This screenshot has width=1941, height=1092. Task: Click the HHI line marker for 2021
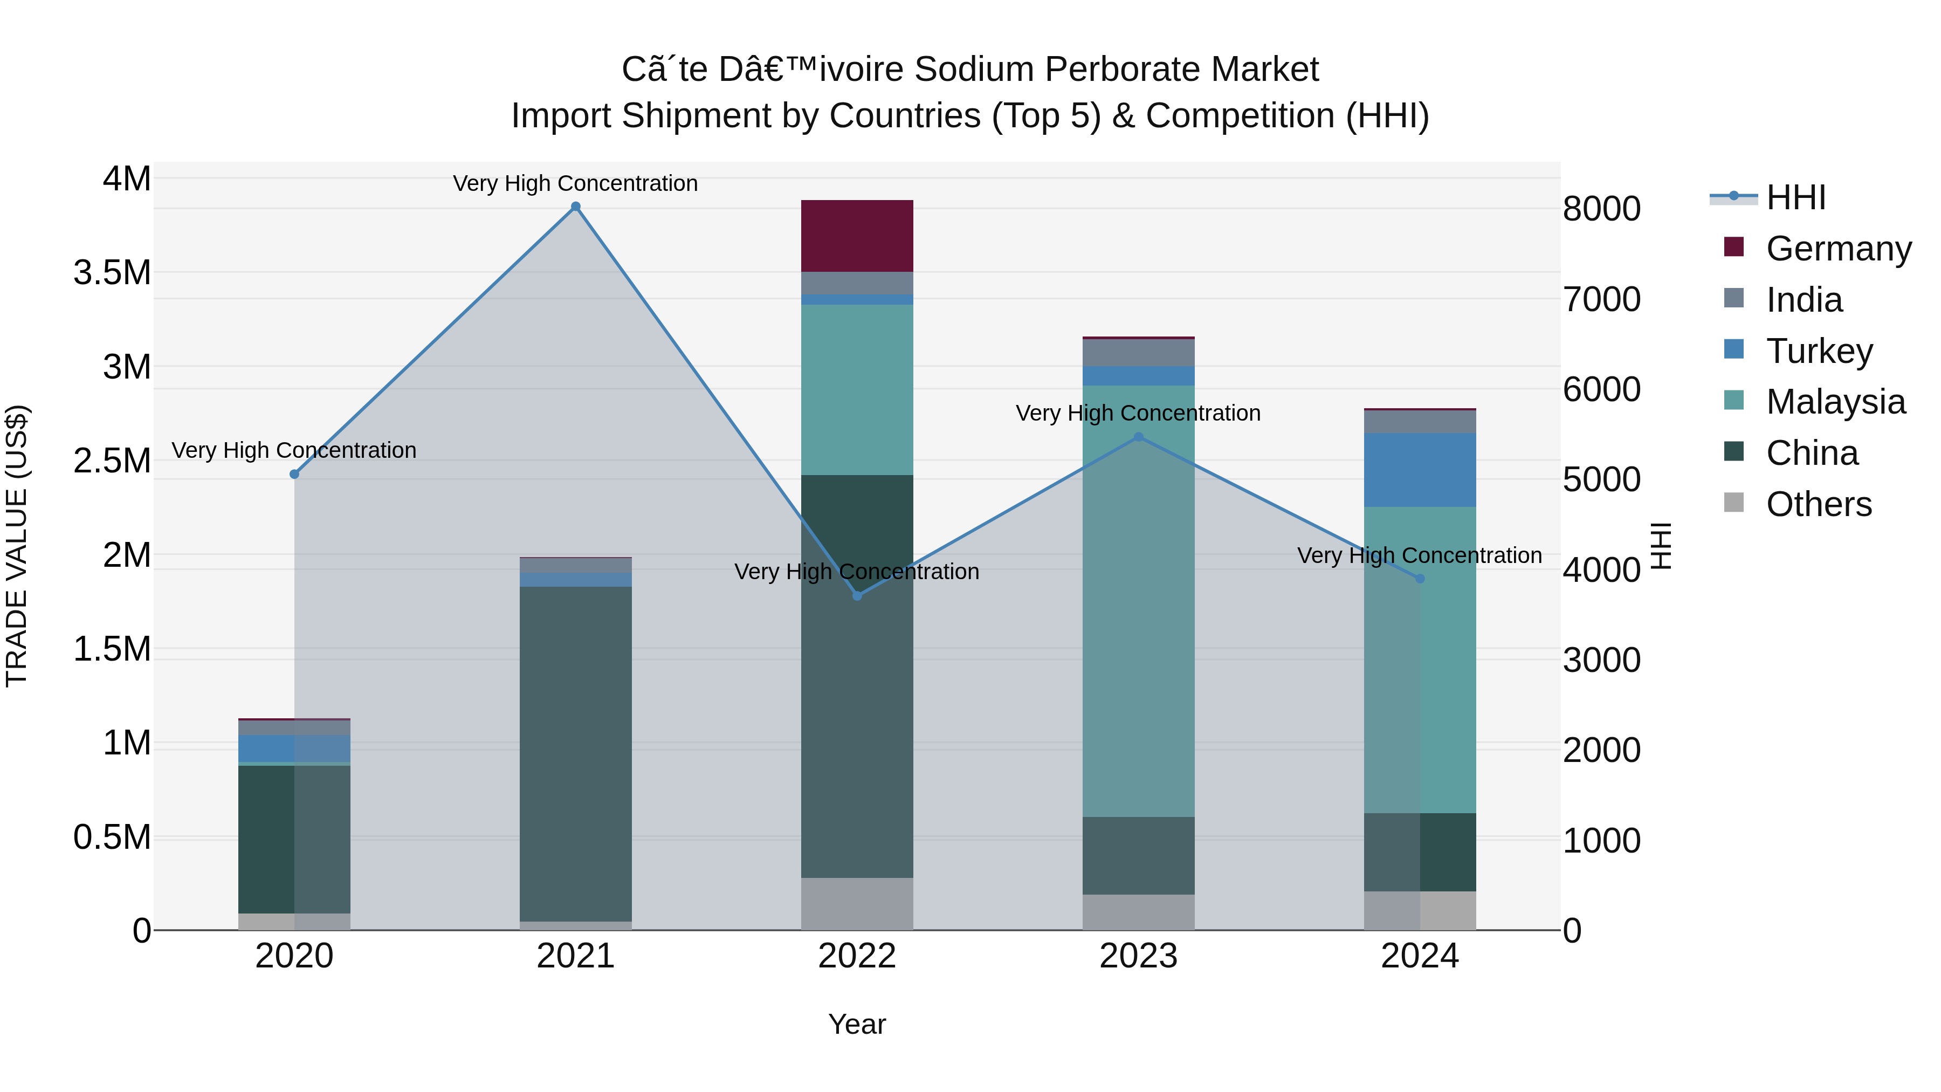pos(576,207)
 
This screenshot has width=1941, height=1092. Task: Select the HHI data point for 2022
pos(857,596)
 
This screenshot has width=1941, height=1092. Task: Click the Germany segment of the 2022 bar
pos(857,236)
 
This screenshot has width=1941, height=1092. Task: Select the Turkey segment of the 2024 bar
pos(1420,470)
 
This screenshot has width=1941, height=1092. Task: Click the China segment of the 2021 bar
pos(576,754)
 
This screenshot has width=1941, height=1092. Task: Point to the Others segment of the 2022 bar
pos(857,904)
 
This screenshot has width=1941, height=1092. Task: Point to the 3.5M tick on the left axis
pos(112,273)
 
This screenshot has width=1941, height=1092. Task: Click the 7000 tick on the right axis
pos(1601,299)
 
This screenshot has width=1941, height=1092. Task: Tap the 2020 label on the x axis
pos(294,956)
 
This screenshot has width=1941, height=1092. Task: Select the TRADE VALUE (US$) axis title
pos(17,546)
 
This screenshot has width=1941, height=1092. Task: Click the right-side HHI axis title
pos(1660,546)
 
